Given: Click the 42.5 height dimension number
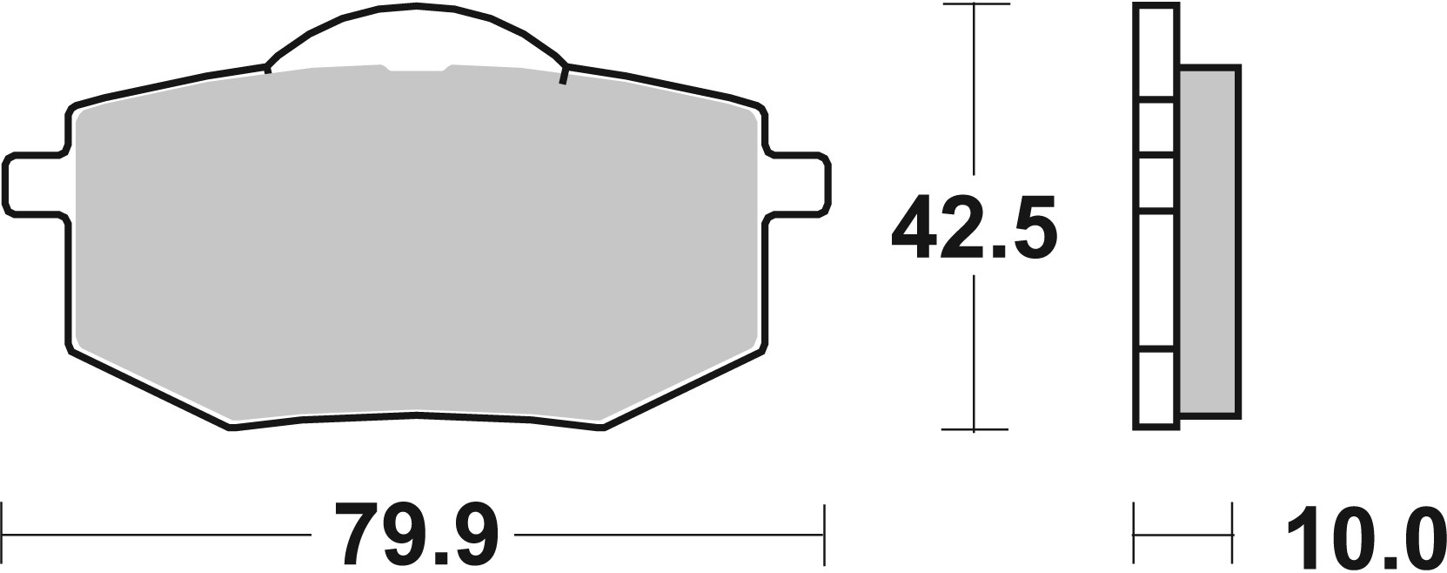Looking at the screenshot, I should click(x=975, y=227).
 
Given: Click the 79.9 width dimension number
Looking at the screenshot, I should click(x=416, y=534).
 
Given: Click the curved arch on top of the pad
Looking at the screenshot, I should click(x=417, y=9).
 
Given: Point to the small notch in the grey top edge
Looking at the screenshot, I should click(x=417, y=67).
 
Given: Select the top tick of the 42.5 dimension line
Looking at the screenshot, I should click(x=974, y=6).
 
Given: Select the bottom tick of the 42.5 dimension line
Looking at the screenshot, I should click(x=974, y=429).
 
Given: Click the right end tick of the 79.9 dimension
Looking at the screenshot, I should click(x=823, y=533).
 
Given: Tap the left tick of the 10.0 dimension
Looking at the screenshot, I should click(x=1135, y=533).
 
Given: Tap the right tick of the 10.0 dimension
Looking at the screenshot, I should click(x=1232, y=533).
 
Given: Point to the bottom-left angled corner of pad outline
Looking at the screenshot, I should click(x=148, y=388).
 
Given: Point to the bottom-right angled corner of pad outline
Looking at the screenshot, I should click(x=687, y=388).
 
